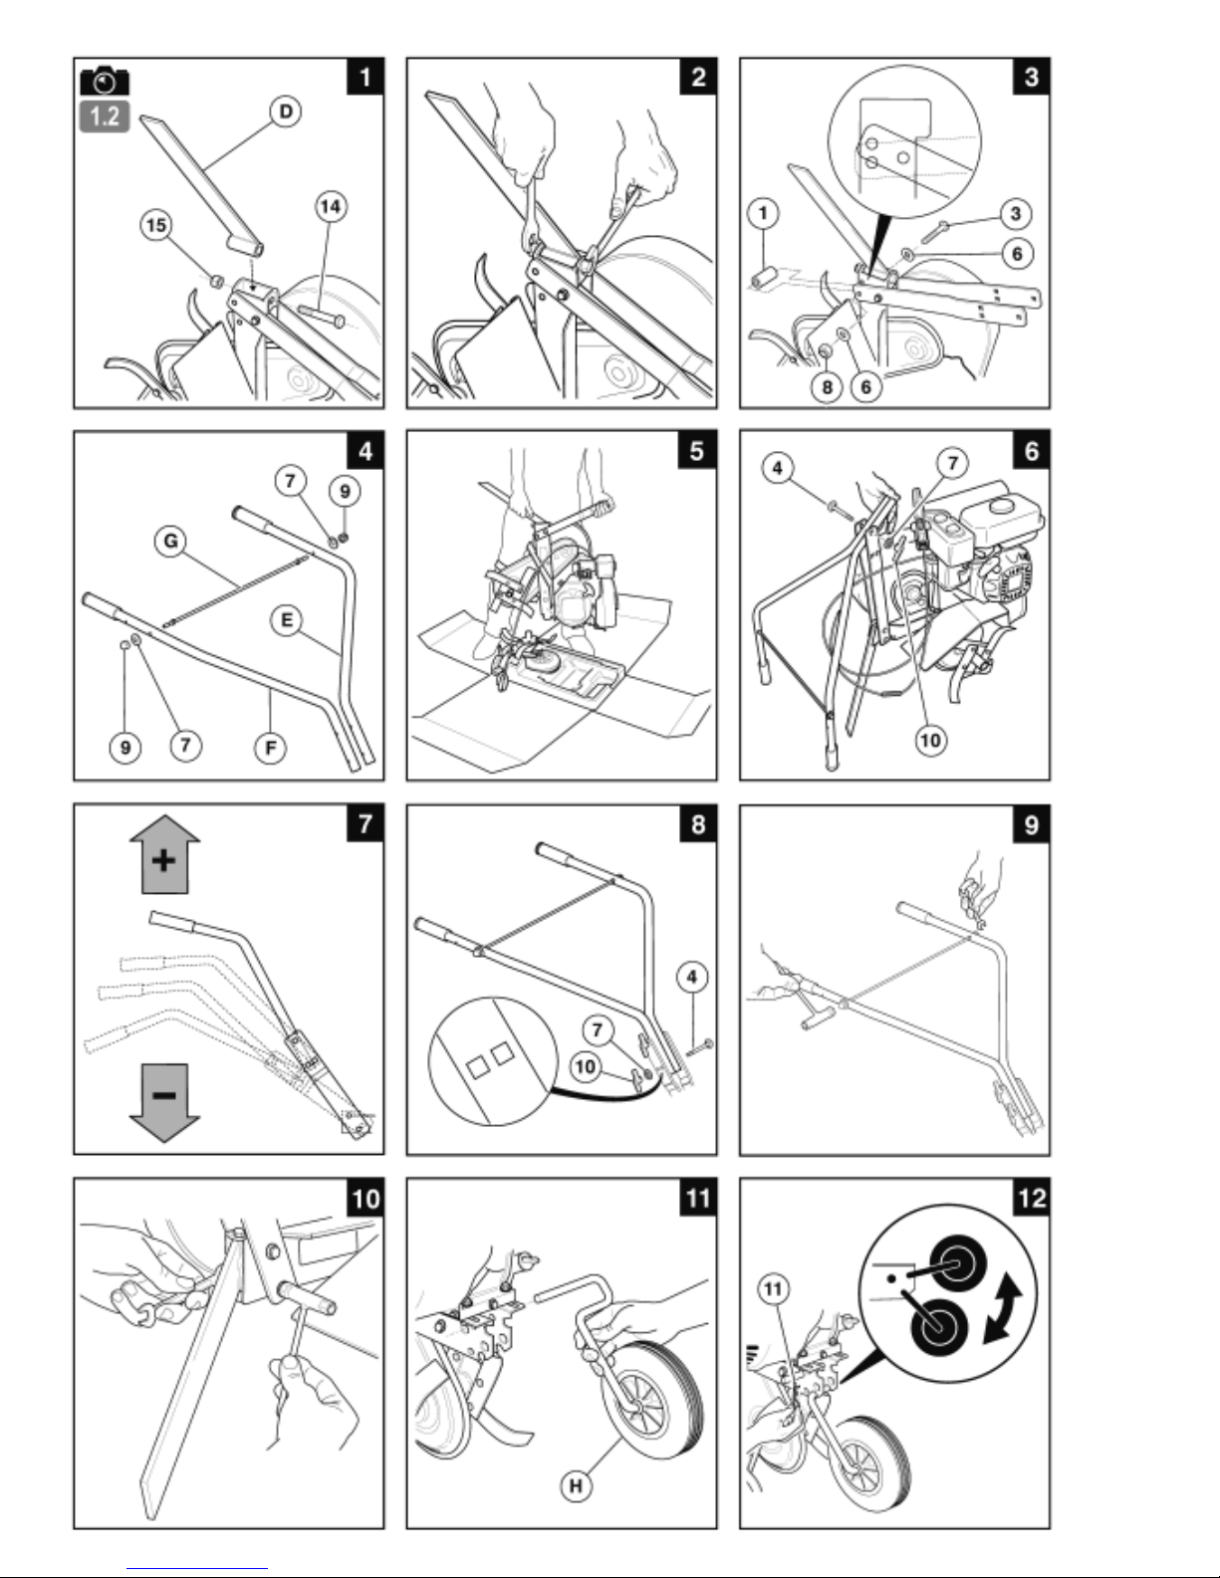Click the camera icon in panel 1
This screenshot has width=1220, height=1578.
[105, 81]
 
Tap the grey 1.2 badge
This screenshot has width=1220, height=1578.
[105, 116]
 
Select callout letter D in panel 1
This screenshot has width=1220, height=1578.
[286, 112]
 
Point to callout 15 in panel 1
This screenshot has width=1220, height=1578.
[156, 225]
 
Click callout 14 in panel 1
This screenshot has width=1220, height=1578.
[331, 207]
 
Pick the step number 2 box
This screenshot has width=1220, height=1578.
[698, 77]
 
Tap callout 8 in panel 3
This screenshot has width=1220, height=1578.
[827, 386]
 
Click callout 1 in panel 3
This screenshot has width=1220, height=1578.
[763, 213]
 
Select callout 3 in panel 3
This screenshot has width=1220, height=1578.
[1015, 213]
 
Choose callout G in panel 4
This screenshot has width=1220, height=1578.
[170, 541]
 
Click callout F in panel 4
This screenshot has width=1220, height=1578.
[270, 748]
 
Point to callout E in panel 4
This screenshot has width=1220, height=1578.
[287, 620]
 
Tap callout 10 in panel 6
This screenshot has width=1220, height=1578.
[930, 741]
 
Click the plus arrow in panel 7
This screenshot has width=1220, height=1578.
[165, 855]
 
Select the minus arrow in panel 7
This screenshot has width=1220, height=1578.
[165, 1102]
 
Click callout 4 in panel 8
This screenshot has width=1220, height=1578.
[692, 978]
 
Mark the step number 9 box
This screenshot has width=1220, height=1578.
[1031, 824]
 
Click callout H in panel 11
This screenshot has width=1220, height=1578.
[576, 1485]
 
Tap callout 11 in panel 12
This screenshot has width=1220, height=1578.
[774, 1289]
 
